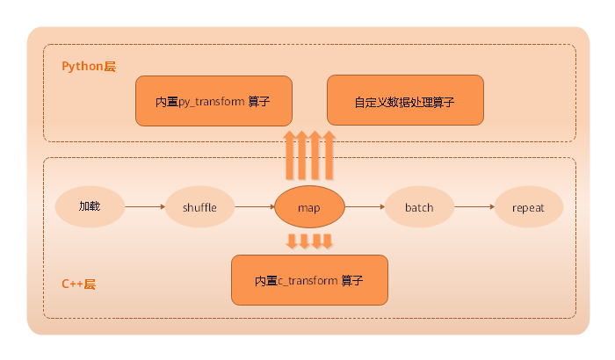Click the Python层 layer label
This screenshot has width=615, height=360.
click(89, 67)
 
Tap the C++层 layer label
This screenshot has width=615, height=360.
click(78, 284)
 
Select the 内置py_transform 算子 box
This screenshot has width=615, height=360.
click(213, 100)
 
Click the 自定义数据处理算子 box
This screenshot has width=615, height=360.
click(405, 100)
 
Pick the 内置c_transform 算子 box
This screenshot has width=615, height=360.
click(308, 280)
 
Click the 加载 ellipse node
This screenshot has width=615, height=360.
click(90, 207)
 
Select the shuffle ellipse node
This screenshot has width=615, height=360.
click(199, 207)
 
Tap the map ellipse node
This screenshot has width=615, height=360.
click(309, 208)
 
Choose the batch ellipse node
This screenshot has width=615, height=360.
click(419, 207)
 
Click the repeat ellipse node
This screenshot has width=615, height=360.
click(528, 207)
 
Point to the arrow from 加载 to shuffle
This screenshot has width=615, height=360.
click(145, 207)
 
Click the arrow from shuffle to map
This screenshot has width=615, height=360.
click(255, 207)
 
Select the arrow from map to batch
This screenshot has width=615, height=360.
click(365, 207)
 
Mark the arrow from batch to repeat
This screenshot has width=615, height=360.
click(474, 207)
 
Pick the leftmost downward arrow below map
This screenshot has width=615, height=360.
click(291, 241)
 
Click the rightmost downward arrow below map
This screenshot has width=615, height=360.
click(328, 241)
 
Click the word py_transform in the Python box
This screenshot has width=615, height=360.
click(211, 101)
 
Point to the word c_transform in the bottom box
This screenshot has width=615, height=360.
click(308, 281)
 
